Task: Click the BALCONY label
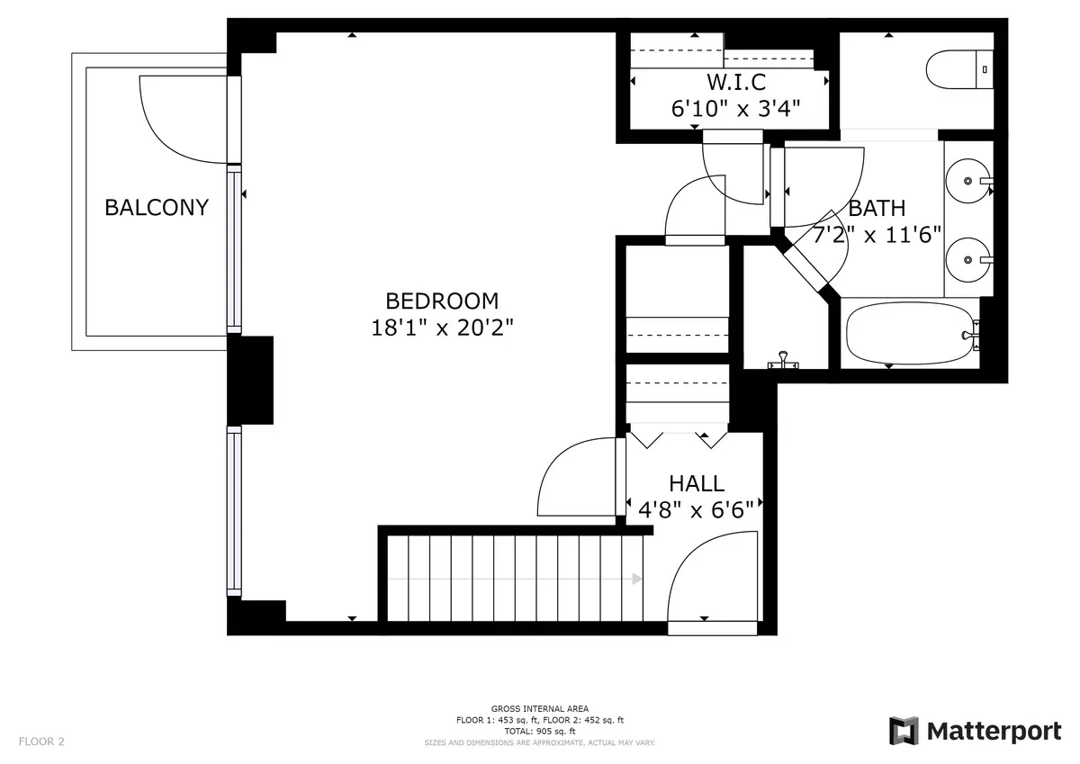(x=157, y=207)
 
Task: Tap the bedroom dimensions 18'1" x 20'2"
(x=442, y=328)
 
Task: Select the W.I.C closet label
(x=736, y=83)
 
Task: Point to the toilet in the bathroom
(x=958, y=68)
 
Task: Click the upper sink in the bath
(x=970, y=181)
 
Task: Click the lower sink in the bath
(x=970, y=259)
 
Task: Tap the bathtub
(x=910, y=334)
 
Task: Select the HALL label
(x=696, y=484)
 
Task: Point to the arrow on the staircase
(x=636, y=579)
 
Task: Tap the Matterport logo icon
(x=904, y=731)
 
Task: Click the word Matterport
(x=994, y=732)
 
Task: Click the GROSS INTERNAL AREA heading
(x=539, y=709)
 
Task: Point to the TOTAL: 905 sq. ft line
(x=539, y=731)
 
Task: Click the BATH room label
(x=877, y=209)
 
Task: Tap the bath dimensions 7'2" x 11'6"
(x=877, y=235)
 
